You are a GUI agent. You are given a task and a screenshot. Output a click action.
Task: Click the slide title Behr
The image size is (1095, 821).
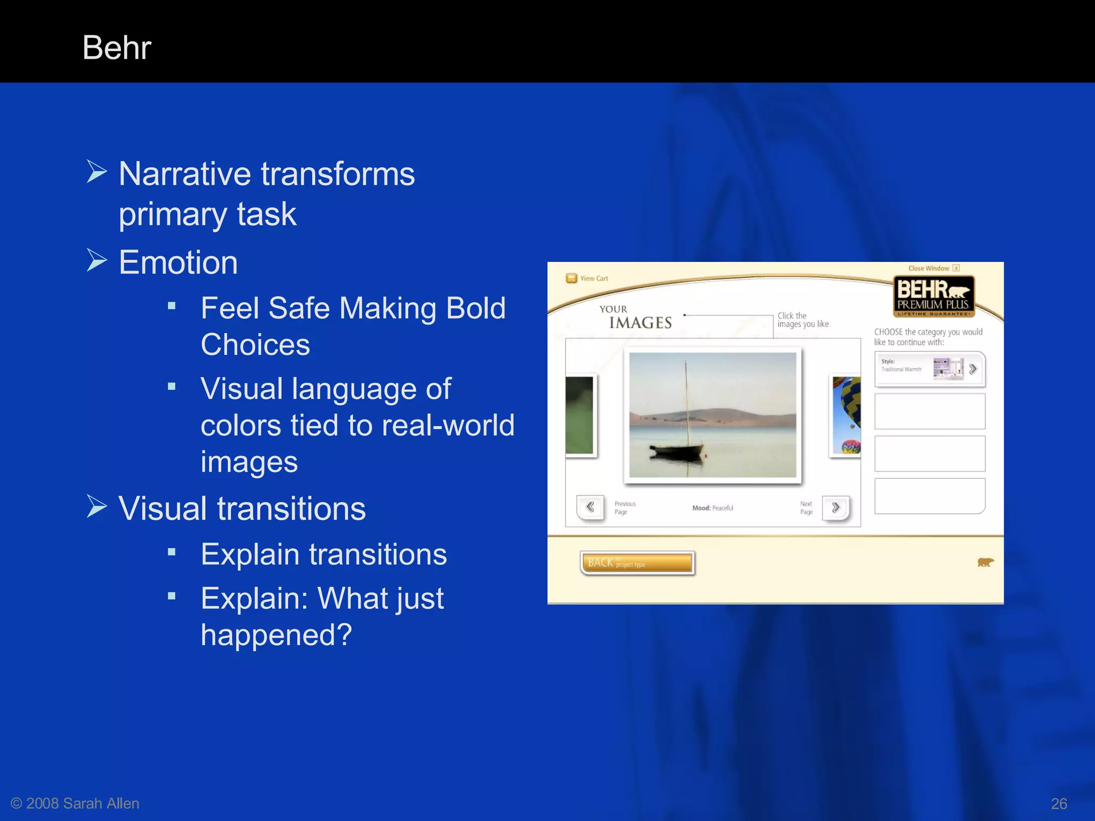(x=117, y=48)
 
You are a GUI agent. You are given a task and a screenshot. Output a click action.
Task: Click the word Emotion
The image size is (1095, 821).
(x=178, y=262)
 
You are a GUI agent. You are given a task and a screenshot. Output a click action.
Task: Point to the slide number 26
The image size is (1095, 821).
(x=1059, y=803)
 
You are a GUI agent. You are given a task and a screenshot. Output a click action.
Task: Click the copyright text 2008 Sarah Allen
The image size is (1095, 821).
(x=82, y=803)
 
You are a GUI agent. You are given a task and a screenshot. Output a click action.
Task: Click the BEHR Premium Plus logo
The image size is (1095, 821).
(x=934, y=296)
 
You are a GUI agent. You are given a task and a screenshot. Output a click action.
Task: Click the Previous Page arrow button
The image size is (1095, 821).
(x=590, y=507)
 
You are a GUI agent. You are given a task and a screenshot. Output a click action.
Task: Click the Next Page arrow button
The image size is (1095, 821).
(x=836, y=507)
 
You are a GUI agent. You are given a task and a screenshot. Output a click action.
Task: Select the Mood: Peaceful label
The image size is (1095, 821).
(x=713, y=508)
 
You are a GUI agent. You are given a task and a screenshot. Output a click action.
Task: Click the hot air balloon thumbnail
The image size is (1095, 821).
(x=846, y=416)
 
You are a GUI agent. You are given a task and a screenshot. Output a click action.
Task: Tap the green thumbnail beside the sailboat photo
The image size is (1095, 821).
(x=580, y=416)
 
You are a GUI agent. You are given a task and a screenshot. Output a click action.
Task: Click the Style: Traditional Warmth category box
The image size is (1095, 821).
(x=929, y=369)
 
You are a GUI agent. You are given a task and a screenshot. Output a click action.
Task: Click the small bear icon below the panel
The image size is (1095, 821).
(x=985, y=562)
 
